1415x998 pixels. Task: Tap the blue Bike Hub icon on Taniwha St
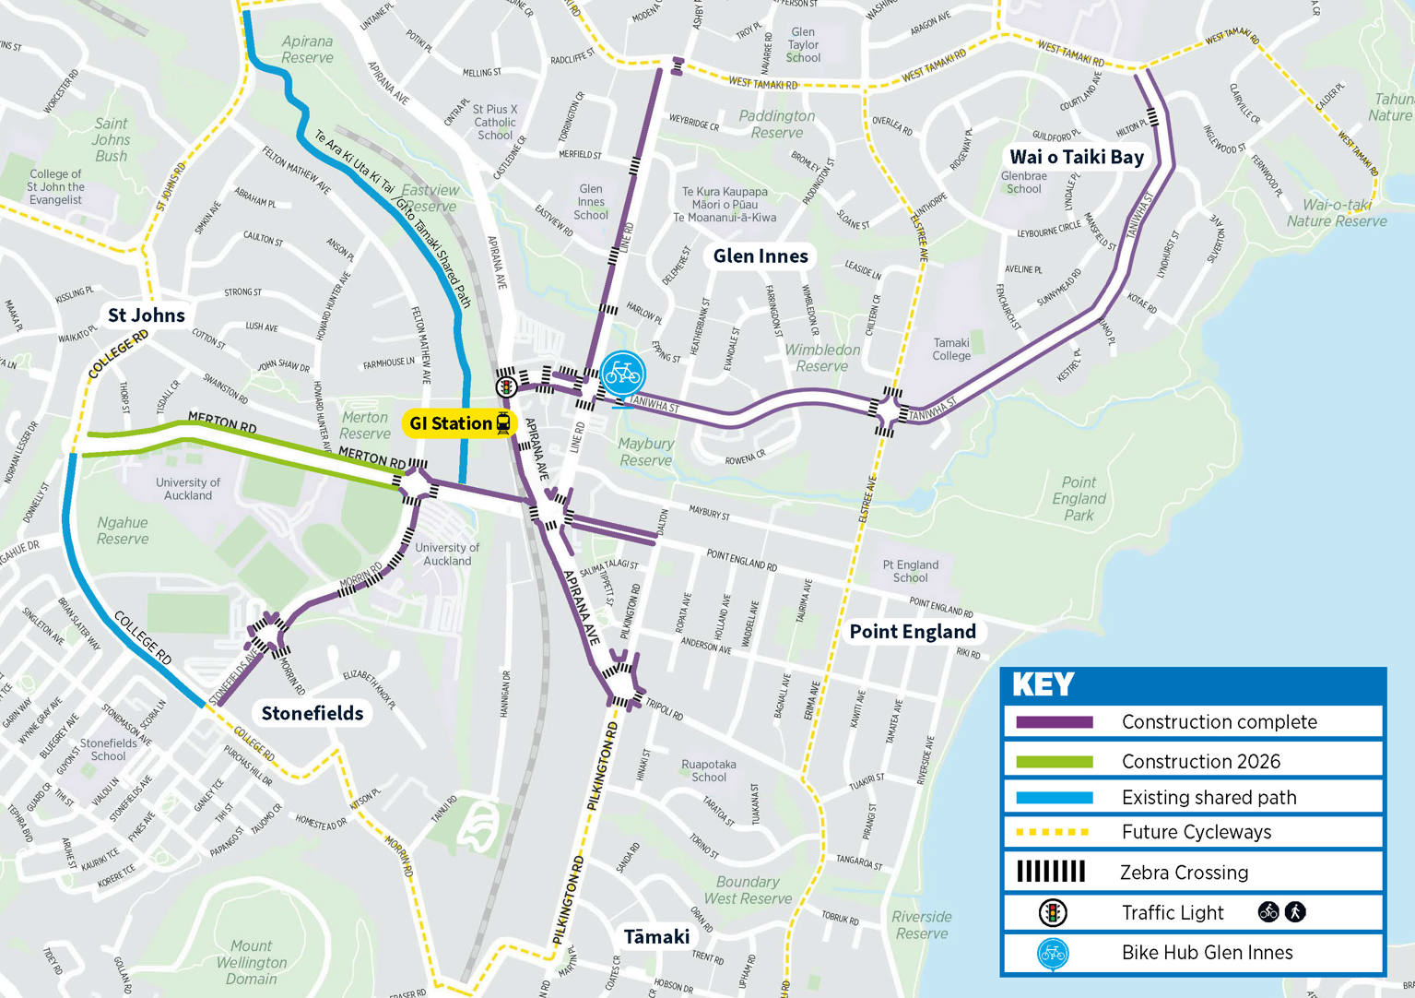coord(622,374)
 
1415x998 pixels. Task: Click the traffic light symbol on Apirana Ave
coord(505,386)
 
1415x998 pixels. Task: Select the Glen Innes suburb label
coord(761,256)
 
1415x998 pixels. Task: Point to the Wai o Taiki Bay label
coord(1076,157)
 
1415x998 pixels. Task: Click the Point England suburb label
coord(912,632)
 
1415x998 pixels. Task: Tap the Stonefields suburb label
coord(312,713)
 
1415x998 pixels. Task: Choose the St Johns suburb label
coord(146,315)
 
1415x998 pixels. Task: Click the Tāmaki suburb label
coord(656,937)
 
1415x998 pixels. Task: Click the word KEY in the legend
coord(1043,684)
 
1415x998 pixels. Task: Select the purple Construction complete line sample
coord(1054,722)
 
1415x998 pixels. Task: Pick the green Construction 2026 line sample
coord(1054,762)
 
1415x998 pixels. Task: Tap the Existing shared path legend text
coord(1209,798)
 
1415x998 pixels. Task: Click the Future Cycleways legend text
coord(1196,832)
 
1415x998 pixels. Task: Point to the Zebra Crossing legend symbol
coord(1050,872)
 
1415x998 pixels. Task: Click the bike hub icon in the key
coord(1052,954)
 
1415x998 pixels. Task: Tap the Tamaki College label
coord(951,349)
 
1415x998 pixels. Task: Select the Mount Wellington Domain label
coord(251,962)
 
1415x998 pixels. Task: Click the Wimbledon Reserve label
coord(822,358)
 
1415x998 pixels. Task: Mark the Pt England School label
coord(910,571)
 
